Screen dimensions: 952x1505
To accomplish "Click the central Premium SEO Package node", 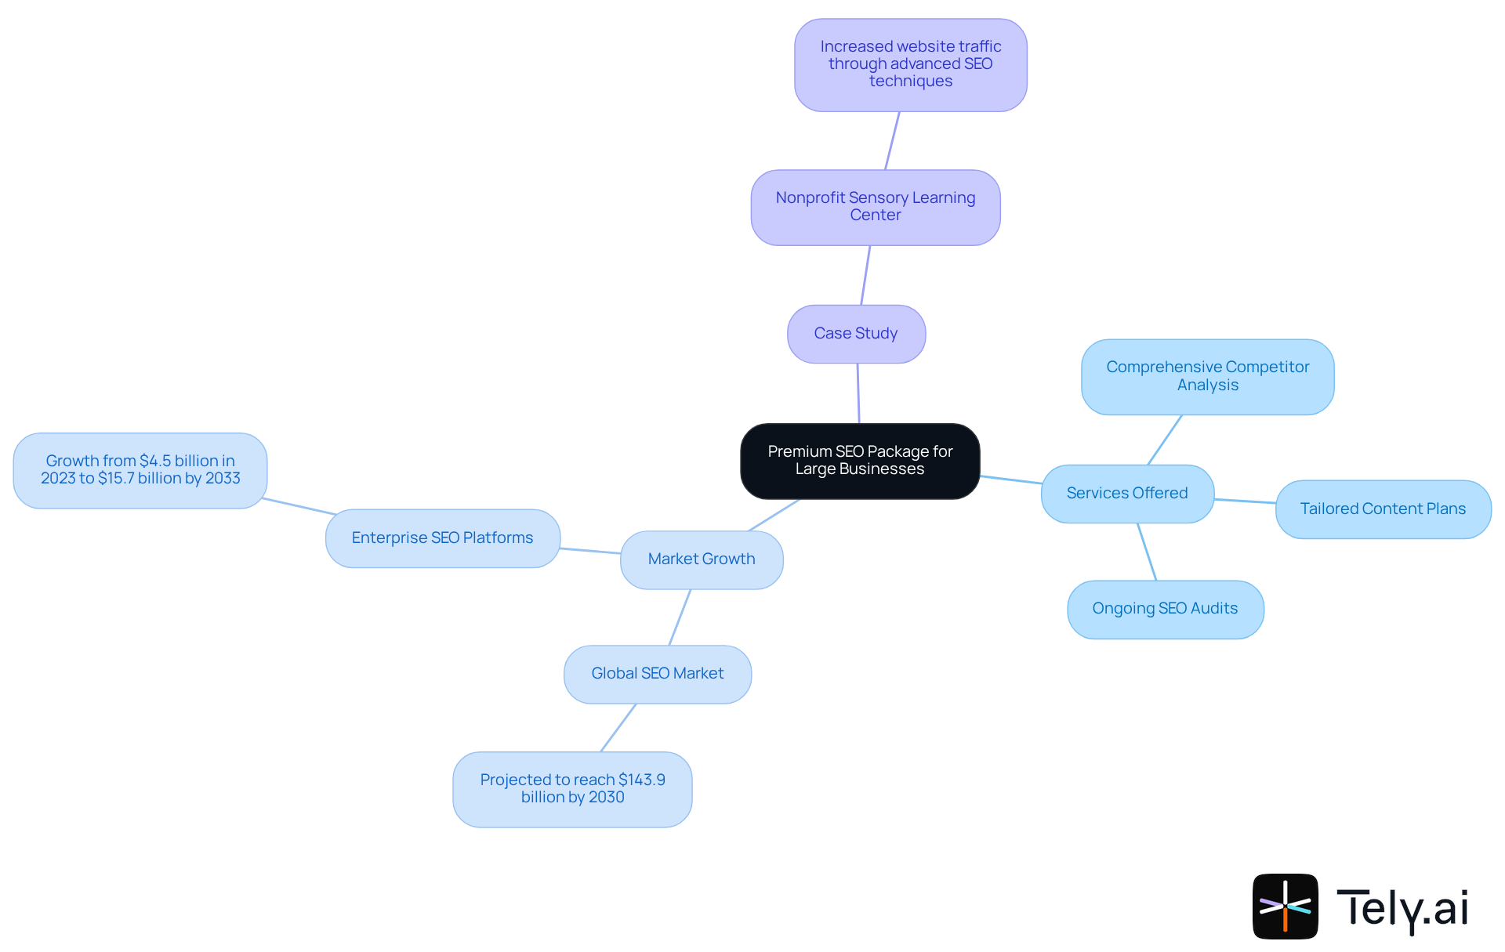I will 860,461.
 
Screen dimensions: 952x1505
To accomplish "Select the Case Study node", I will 856,334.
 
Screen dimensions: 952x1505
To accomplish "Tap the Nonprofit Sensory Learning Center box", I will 876,207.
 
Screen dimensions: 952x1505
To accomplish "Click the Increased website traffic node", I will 910,64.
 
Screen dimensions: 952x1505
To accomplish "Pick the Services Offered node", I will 1127,494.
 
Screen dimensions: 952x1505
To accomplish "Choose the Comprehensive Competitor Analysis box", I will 1207,376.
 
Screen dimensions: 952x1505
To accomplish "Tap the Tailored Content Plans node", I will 1383,509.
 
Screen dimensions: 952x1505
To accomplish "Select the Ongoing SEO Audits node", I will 1165,609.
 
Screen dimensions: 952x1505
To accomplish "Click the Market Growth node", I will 702,559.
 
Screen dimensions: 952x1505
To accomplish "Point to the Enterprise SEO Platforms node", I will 442,538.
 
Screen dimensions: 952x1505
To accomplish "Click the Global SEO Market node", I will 657,674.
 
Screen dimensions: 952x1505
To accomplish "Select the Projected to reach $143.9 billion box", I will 572,789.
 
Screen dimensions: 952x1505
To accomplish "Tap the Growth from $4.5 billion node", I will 140,470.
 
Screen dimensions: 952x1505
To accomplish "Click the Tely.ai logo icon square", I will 1285,907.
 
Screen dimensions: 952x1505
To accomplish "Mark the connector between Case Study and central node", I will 858,393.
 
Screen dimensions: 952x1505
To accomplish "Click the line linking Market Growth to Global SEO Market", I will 680,617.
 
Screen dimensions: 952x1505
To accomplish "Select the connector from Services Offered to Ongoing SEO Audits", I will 1147,552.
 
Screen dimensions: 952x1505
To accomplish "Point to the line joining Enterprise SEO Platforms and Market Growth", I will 590,551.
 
